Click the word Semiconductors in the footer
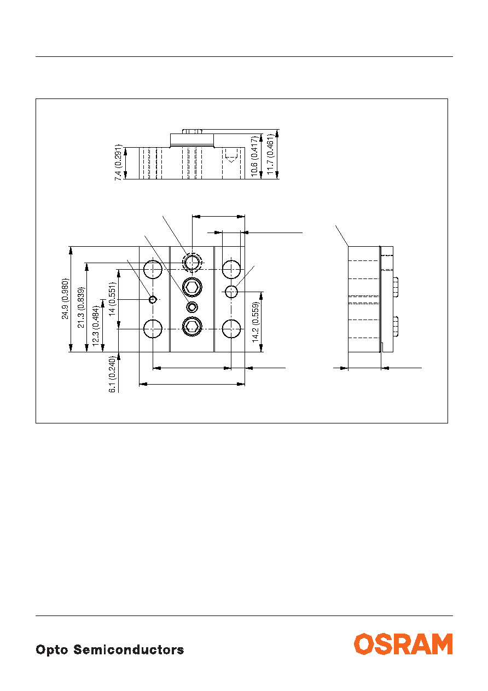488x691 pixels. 129,649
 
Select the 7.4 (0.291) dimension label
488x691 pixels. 118,162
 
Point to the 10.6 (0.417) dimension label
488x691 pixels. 254,156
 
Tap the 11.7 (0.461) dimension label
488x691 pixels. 270,154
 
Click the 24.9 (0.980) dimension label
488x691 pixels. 65,299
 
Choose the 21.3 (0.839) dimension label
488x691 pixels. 81,307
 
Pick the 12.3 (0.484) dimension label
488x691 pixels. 96,326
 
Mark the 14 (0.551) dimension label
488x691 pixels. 112,299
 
